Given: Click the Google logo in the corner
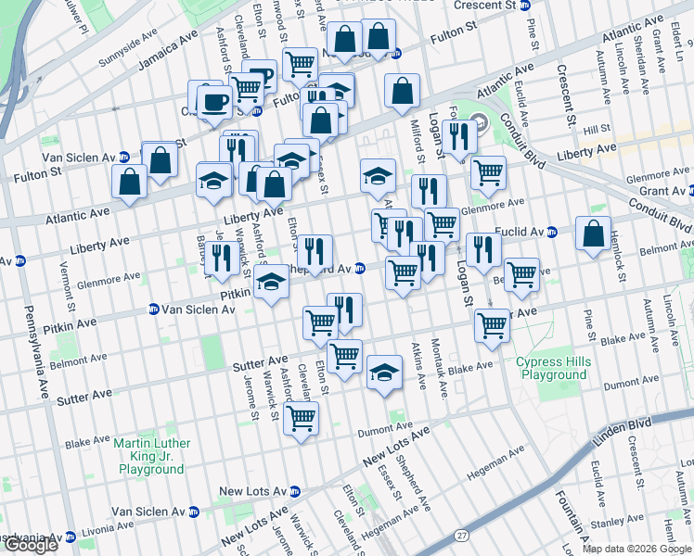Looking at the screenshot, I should pos(30,545).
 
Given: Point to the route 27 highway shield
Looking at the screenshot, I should pos(461,536).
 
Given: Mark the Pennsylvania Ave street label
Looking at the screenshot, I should pos(36,352).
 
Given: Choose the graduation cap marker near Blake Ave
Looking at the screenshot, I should pos(383,373).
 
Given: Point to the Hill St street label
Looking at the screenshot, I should pos(597,129).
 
